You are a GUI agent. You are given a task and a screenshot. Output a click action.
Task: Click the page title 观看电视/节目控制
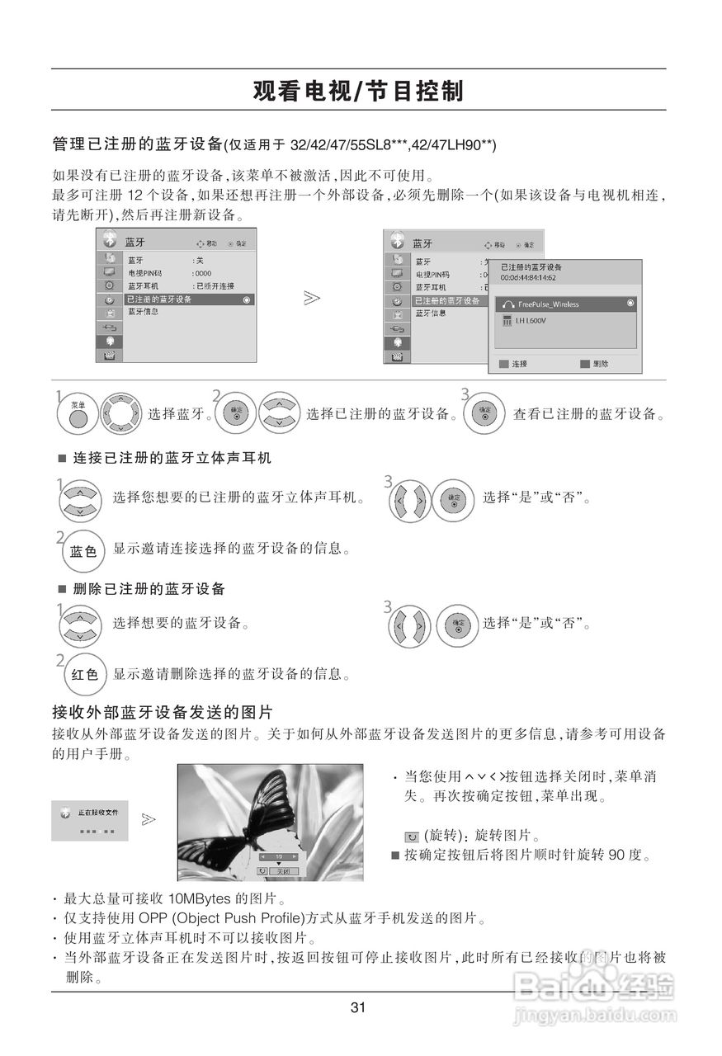pos(358,91)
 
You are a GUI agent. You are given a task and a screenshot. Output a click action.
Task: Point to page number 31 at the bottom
pos(357,1007)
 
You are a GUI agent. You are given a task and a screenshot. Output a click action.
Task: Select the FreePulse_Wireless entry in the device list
pos(548,304)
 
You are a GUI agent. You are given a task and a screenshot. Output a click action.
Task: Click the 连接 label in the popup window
pos(519,363)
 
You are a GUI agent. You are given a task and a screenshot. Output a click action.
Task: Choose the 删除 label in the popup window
pos(600,363)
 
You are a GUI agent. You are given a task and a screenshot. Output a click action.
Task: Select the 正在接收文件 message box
pos(89,820)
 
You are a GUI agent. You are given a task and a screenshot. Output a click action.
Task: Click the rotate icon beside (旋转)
pos(412,837)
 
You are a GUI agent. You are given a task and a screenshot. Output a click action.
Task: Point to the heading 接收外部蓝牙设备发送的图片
pos(162,711)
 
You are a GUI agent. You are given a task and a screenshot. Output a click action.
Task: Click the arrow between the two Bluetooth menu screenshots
pos(311,297)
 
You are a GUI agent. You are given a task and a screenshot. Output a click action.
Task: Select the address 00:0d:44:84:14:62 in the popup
pos(529,277)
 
